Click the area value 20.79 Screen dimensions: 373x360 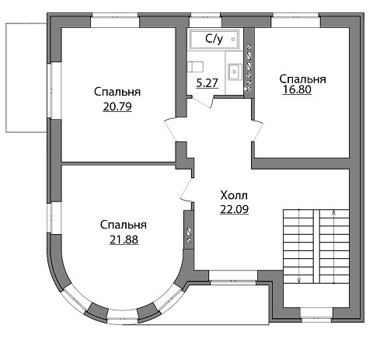click(117, 107)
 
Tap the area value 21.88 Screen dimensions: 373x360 click(124, 239)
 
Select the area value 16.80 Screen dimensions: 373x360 click(297, 89)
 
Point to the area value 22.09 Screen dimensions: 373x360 click(234, 209)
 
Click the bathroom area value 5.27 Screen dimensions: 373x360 click(207, 83)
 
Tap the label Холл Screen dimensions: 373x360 click(234, 195)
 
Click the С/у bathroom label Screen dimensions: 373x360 click(214, 39)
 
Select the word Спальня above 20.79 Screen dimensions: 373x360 click(117, 92)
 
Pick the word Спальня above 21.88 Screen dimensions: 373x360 click(124, 225)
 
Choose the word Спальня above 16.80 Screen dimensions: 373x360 click(302, 79)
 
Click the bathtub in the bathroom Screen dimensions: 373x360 click(214, 40)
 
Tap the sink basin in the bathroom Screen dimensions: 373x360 click(235, 72)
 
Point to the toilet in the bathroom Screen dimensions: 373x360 click(195, 67)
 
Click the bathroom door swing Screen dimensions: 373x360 click(203, 102)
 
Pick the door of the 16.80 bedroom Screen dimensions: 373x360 click(257, 130)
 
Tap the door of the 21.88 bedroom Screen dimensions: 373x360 click(186, 189)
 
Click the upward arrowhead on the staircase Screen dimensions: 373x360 click(334, 213)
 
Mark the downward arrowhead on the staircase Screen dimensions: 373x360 click(299, 280)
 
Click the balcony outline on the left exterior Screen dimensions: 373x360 click(6, 78)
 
